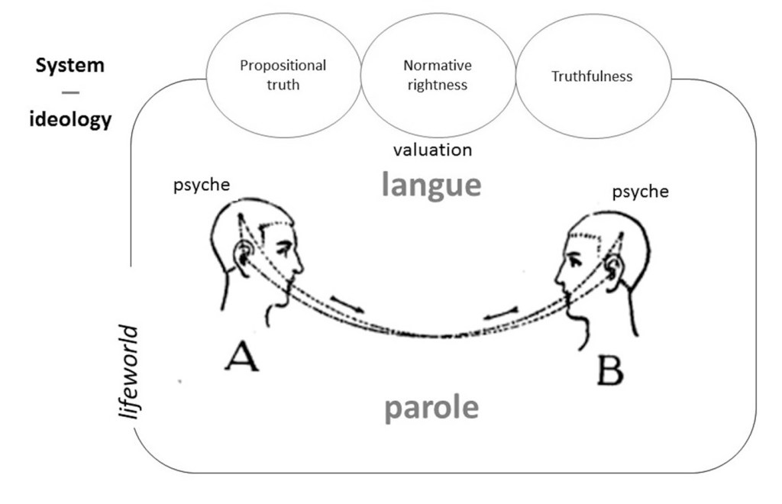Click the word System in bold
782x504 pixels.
pyautogui.click(x=69, y=65)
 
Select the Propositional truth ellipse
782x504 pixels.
pyautogui.click(x=283, y=75)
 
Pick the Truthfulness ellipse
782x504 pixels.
pyautogui.click(x=592, y=76)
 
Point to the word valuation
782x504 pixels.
pyautogui.click(x=432, y=150)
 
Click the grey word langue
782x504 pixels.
pyautogui.click(x=431, y=184)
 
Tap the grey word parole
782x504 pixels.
pyautogui.click(x=431, y=408)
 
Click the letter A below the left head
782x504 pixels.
pyautogui.click(x=241, y=356)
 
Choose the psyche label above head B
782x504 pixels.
pyautogui.click(x=640, y=192)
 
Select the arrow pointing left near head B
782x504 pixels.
pyautogui.click(x=500, y=312)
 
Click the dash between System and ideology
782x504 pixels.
pyautogui.click(x=70, y=92)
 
